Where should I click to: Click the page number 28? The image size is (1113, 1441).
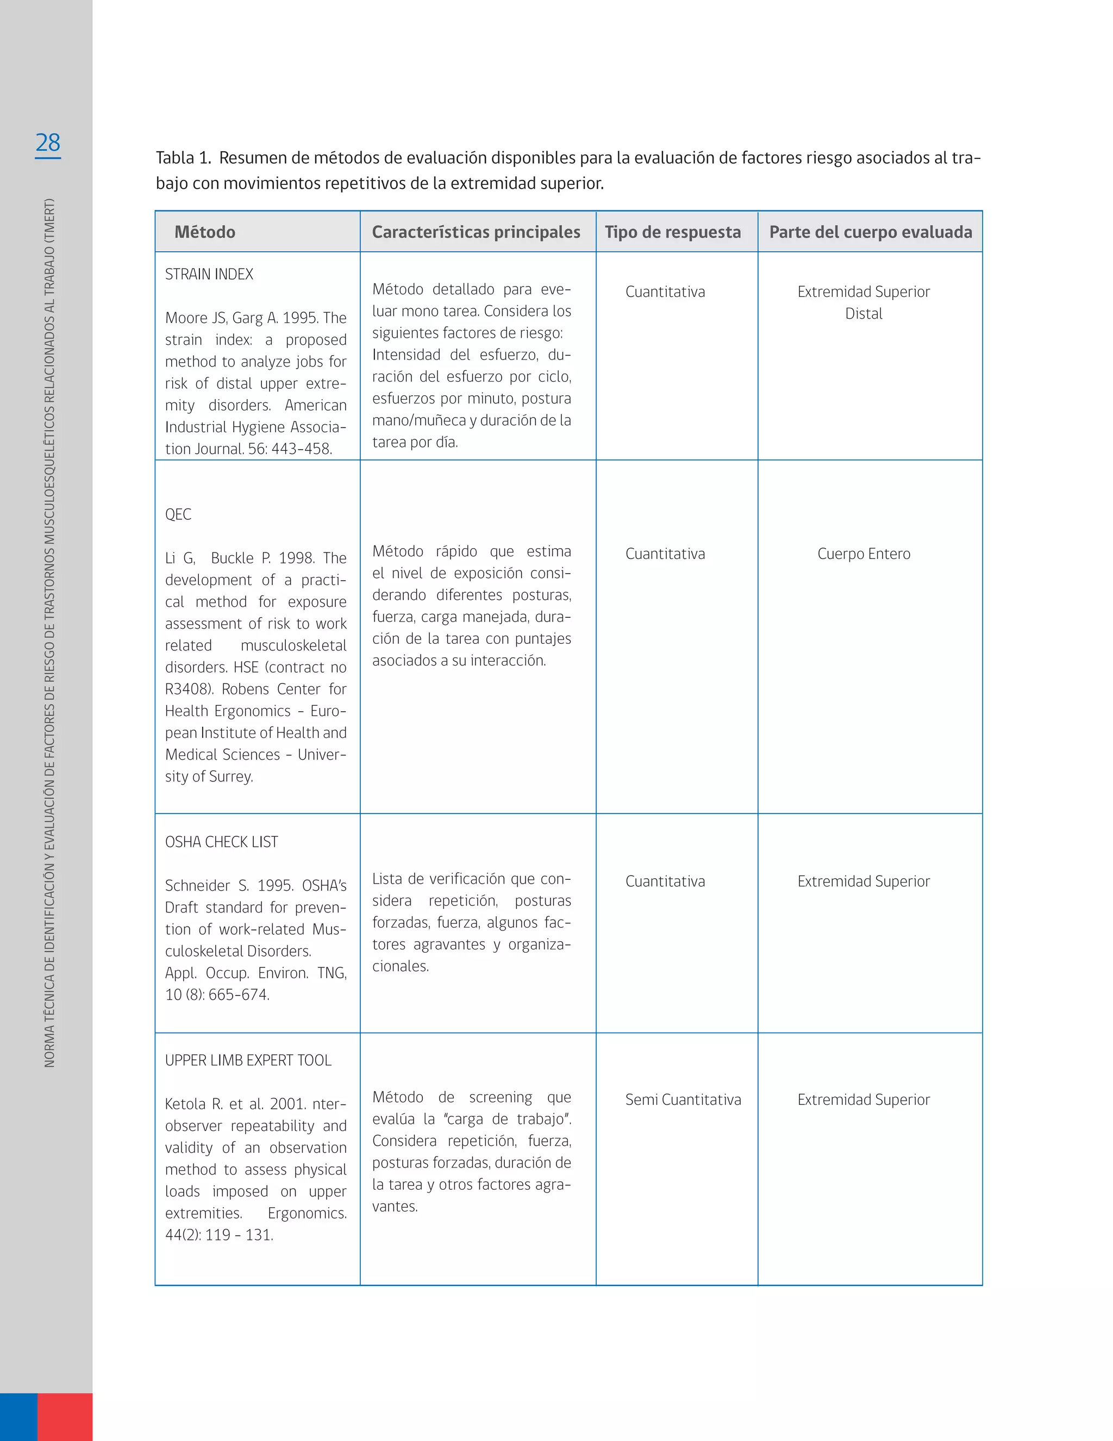click(x=47, y=142)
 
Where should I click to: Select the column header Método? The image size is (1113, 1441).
click(x=204, y=232)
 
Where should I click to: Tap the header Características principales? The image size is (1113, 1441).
click(x=476, y=232)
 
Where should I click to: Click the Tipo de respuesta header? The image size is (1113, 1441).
click(x=673, y=232)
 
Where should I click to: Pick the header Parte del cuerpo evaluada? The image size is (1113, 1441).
click(x=871, y=232)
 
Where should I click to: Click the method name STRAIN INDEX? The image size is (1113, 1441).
click(x=209, y=275)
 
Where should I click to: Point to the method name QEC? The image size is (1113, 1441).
click(x=178, y=514)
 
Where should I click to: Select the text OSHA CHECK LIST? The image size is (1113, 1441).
click(x=222, y=842)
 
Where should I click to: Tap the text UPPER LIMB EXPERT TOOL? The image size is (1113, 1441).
click(x=248, y=1060)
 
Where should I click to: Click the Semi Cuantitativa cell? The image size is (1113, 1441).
click(x=683, y=1100)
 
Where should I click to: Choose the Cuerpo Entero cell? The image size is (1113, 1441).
click(x=864, y=554)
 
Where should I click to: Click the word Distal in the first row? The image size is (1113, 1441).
click(x=864, y=314)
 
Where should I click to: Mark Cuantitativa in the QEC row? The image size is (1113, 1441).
click(x=665, y=554)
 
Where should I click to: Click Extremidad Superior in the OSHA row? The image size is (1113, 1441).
click(x=864, y=881)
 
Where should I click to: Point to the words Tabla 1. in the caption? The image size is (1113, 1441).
click(x=183, y=158)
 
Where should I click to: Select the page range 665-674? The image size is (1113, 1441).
click(x=238, y=995)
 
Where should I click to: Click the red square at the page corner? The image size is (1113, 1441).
click(x=65, y=1417)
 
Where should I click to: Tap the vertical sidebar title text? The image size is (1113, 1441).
click(x=49, y=633)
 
